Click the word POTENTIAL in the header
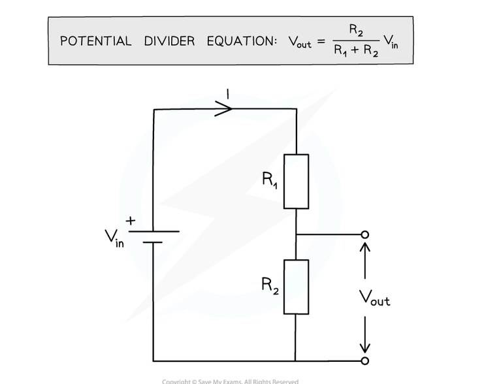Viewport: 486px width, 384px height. pyautogui.click(x=96, y=41)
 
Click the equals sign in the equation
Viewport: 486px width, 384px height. pyautogui.click(x=321, y=42)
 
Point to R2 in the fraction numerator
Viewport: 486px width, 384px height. pyautogui.click(x=356, y=29)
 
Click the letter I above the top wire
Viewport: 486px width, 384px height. pyautogui.click(x=227, y=95)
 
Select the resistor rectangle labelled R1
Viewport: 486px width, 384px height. pyautogui.click(x=296, y=182)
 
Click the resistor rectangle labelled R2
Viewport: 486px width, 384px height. pyautogui.click(x=296, y=286)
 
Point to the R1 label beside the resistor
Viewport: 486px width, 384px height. pyautogui.click(x=270, y=180)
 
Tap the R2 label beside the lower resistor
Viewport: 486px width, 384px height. pyautogui.click(x=270, y=285)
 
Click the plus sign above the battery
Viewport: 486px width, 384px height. pyautogui.click(x=131, y=222)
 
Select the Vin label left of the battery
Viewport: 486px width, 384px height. pyautogui.click(x=114, y=239)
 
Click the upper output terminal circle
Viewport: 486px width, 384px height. pyautogui.click(x=365, y=234)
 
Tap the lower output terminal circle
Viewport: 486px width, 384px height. pyautogui.click(x=365, y=360)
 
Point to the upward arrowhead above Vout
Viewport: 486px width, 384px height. pyautogui.click(x=365, y=249)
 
